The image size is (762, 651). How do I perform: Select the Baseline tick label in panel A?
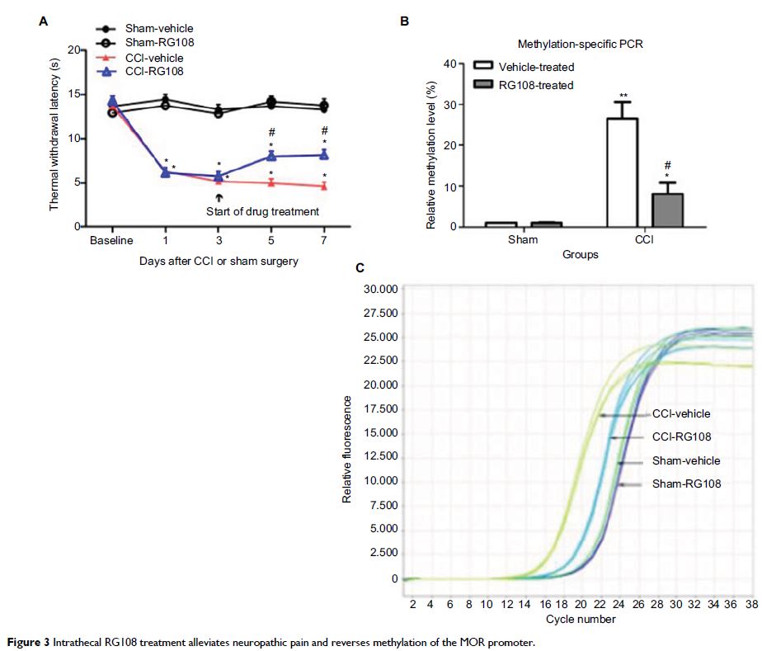point(112,241)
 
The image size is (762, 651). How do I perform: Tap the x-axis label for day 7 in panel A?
point(323,241)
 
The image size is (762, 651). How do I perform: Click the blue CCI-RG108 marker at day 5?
point(270,155)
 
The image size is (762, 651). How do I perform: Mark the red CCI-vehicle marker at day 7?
point(323,186)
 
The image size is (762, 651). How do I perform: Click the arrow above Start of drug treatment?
point(219,197)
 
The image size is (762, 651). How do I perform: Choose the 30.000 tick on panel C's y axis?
point(380,289)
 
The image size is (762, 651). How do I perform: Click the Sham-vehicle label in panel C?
point(685,461)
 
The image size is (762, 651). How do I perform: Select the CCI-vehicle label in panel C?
point(680,414)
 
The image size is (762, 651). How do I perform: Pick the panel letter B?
point(404,22)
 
